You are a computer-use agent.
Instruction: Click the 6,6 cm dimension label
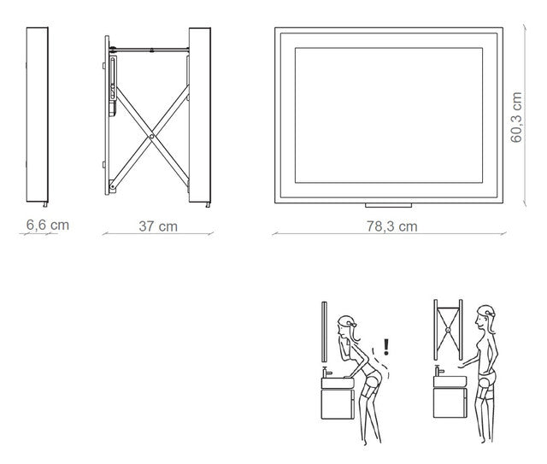48,225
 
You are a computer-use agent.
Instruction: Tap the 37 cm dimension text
158,226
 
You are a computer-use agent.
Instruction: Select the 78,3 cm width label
391,226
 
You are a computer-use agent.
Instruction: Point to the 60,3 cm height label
516,117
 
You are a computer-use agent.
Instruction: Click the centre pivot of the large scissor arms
151,137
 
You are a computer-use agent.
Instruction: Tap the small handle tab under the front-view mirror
388,205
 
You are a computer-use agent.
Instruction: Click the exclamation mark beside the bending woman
385,347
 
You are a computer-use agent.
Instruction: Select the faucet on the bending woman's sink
326,373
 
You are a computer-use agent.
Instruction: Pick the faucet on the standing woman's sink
438,371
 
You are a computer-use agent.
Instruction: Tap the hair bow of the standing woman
491,314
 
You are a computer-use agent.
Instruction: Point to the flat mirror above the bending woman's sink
324,332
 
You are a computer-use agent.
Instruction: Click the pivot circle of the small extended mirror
448,330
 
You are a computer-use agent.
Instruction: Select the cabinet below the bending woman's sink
338,404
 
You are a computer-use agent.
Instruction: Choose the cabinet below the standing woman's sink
450,402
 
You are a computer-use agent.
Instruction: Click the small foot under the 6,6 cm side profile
45,204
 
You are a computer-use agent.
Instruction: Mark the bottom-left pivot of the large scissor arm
112,187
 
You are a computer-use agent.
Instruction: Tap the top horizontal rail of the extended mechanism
150,50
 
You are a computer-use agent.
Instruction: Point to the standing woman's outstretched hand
462,366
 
